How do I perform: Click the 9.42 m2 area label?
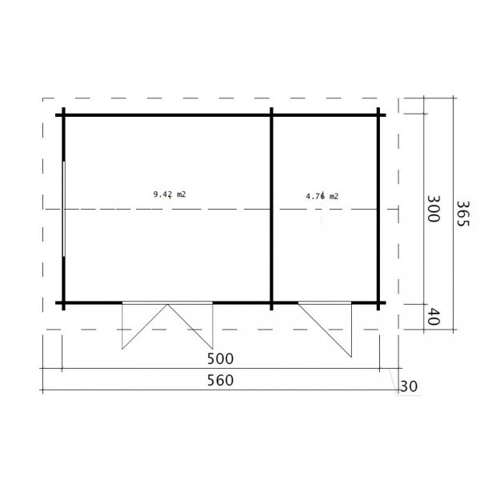pos(170,194)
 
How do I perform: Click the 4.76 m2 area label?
pos(322,196)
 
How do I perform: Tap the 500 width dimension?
pos(222,358)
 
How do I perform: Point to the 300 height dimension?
pos(433,210)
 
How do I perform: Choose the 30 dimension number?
pos(408,386)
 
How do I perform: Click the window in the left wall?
pos(62,210)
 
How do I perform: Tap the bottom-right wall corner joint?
pos(380,303)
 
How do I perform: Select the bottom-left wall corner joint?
pos(62,303)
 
